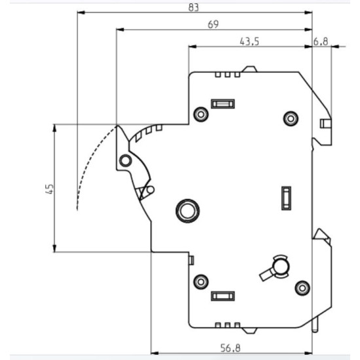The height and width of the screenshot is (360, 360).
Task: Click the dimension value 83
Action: coord(193,7)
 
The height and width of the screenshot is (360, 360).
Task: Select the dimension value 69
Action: coord(213,24)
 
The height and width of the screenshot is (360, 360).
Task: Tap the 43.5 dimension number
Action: coord(249,41)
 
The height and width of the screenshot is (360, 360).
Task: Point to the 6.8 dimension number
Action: coord(321,41)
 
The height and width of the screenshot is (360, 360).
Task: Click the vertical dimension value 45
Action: coord(50,189)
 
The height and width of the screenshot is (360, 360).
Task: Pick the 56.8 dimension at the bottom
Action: coord(230,348)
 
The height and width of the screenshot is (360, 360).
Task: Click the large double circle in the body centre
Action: coord(188,211)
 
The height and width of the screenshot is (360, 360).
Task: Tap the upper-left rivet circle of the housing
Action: coord(201,114)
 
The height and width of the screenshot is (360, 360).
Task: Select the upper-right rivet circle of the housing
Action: coord(291,118)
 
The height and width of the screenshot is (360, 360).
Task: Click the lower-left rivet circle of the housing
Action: coord(201,281)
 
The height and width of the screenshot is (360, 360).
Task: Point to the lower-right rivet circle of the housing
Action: coord(302,288)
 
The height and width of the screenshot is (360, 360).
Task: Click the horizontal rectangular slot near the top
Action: coord(223,104)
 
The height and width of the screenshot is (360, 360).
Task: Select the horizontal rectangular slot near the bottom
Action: coord(223,296)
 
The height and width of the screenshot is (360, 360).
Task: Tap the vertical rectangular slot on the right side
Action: coord(286,198)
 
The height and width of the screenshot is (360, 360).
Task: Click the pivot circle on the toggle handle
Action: coord(126,160)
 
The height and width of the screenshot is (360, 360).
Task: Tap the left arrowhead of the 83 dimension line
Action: coord(81,12)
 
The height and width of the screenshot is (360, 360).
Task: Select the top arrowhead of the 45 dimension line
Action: coord(54,128)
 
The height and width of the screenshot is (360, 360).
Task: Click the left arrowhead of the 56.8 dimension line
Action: coord(154,353)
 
